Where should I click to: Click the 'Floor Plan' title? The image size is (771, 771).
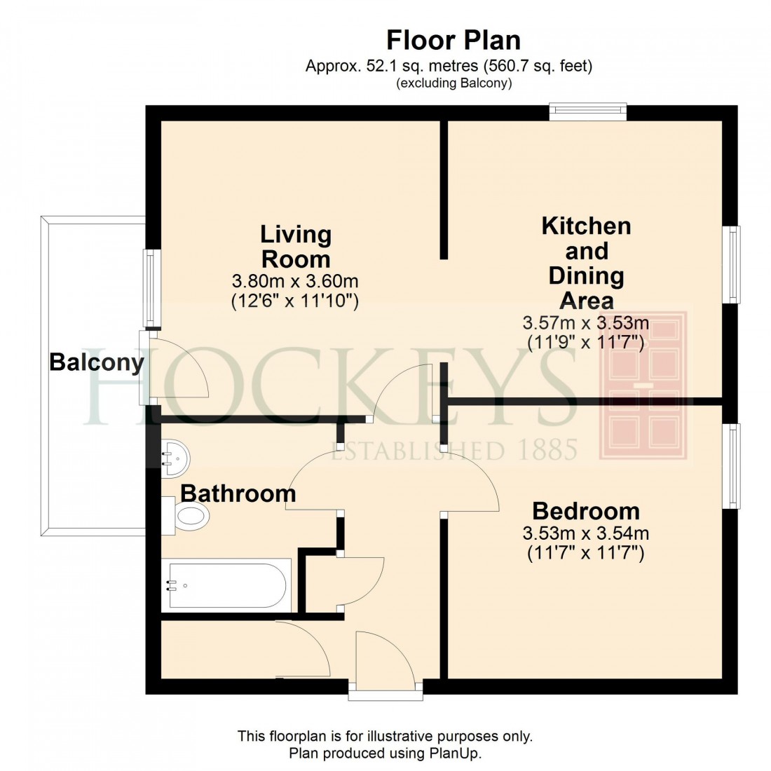point(453,40)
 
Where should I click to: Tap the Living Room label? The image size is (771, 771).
point(296,247)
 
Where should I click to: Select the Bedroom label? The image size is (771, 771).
point(586,510)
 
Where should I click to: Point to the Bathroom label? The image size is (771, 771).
point(238,493)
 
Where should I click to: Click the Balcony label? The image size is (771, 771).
point(96,362)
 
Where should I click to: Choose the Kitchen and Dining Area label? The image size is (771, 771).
point(587,264)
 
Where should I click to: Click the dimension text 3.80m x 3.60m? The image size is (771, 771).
point(295,282)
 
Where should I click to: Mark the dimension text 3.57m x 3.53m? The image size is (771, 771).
point(586,323)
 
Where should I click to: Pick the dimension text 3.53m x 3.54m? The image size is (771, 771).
point(586,533)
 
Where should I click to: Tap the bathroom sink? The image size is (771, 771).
point(173,459)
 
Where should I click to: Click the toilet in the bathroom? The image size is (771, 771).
point(187,517)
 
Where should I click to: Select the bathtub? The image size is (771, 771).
point(225,584)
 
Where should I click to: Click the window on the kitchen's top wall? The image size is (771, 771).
point(587,111)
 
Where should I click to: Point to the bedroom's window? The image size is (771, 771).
point(732,466)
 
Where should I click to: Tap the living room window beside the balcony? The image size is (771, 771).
point(151,288)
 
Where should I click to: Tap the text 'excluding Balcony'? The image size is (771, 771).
point(453,83)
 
